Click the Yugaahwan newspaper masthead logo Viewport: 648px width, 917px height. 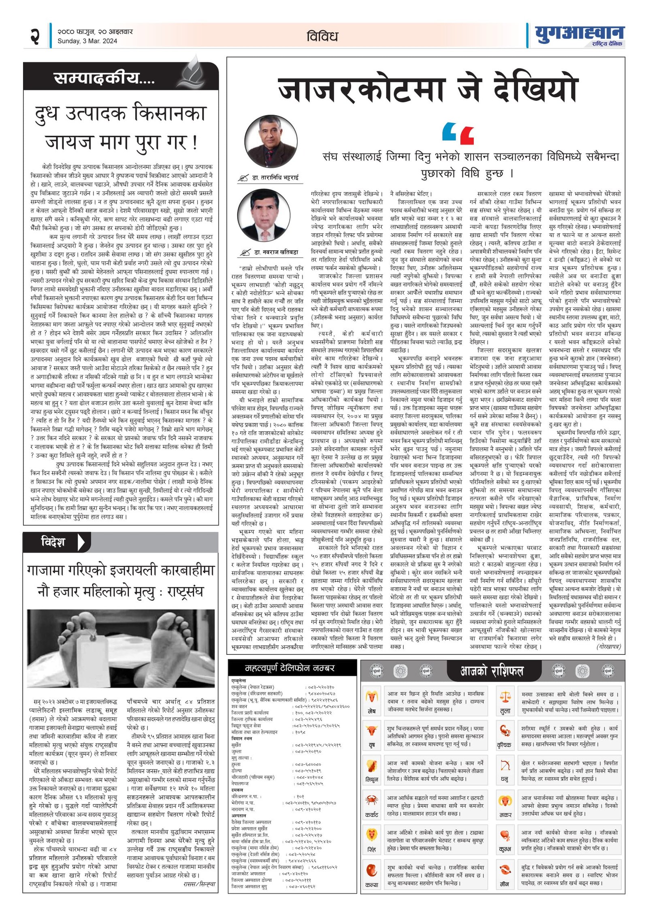click(x=579, y=36)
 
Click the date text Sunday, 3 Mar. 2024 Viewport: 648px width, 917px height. click(x=87, y=41)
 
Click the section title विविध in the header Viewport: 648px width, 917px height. click(x=322, y=36)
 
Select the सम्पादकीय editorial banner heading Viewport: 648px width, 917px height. click(x=104, y=78)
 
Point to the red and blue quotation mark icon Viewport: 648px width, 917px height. click(x=458, y=134)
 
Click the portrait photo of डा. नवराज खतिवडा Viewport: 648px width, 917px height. click(x=264, y=216)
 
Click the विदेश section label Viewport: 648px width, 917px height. click(x=53, y=541)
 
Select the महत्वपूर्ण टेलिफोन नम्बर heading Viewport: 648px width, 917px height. click(x=290, y=668)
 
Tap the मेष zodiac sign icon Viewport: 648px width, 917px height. click(x=372, y=696)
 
